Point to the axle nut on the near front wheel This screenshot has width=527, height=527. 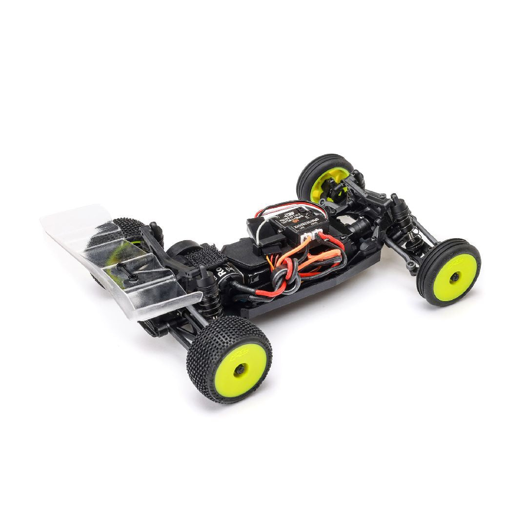tap(455, 277)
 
